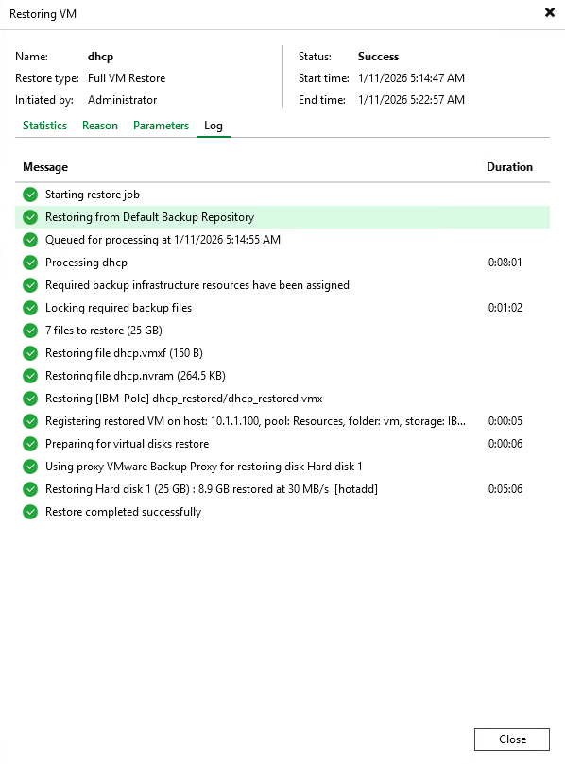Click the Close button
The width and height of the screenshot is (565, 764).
512,739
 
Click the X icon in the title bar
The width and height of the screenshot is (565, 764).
550,13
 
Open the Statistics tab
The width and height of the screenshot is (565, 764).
44,126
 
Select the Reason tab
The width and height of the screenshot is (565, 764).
100,126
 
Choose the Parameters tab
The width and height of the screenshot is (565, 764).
161,126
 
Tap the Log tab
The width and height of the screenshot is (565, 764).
214,126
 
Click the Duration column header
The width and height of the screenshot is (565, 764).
509,167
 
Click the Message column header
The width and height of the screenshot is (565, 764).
45,167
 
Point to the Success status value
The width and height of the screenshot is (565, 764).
378,57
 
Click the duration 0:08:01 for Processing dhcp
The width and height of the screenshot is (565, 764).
505,263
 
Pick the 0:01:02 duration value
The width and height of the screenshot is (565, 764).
505,308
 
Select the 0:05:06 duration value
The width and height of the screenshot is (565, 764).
505,489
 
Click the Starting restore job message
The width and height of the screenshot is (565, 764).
93,195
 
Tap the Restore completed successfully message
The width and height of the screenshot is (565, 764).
123,512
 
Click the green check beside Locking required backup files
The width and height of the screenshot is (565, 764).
30,308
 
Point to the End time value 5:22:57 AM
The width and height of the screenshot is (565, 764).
411,100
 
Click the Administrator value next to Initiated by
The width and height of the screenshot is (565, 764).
122,100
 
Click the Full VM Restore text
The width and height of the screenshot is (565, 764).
127,78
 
